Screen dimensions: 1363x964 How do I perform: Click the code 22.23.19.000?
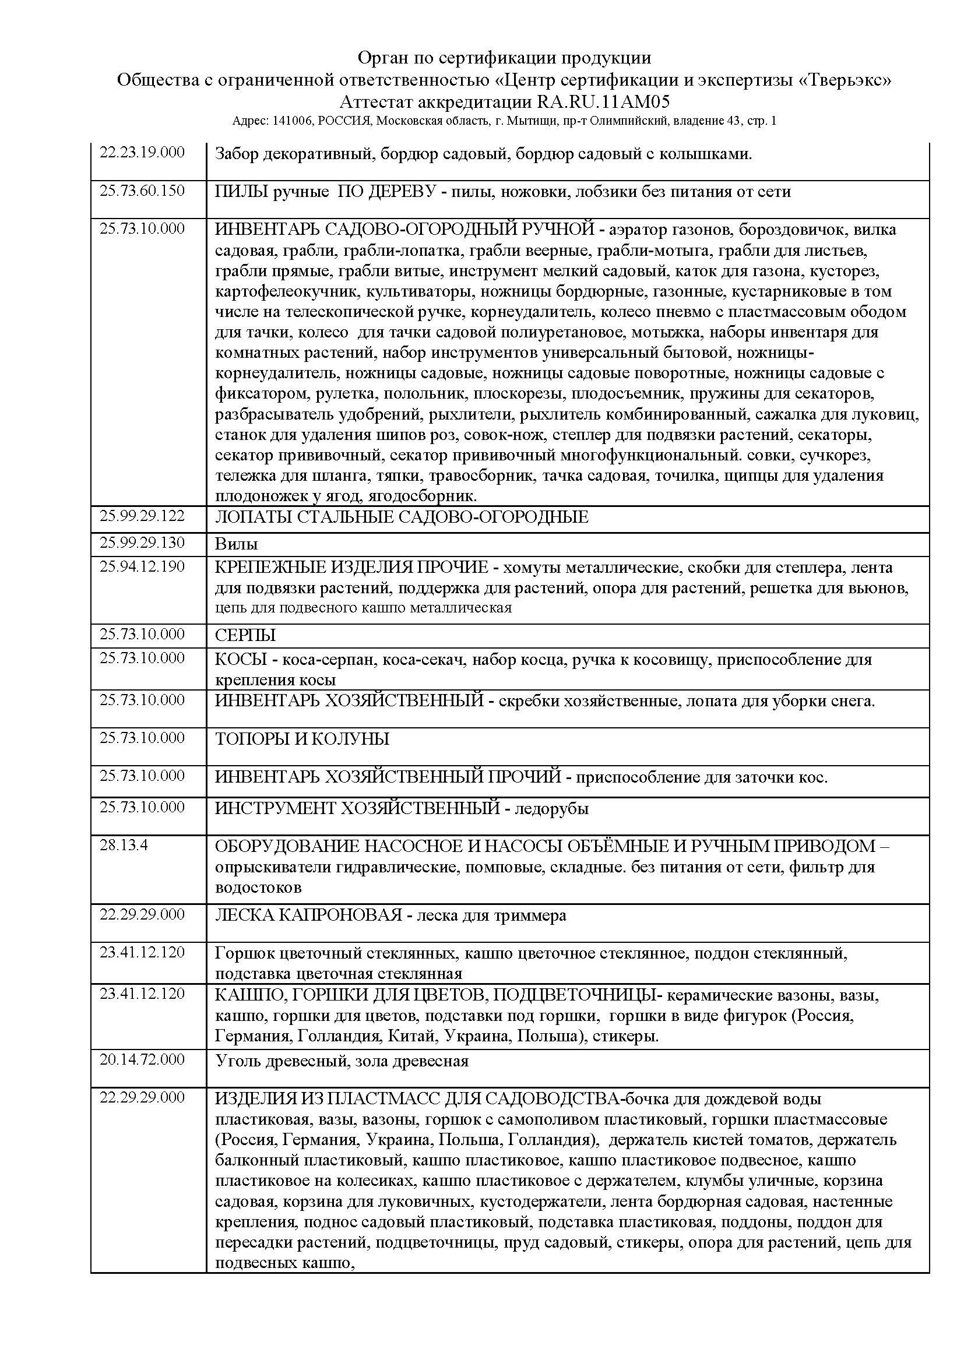(142, 152)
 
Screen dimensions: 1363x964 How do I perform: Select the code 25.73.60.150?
(142, 191)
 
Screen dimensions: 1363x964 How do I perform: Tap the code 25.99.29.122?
(142, 515)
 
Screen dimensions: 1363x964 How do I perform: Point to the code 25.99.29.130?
(142, 543)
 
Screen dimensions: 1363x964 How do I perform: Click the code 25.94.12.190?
(142, 566)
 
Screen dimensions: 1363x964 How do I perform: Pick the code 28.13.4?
(124, 846)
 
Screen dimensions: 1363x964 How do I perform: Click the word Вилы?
(236, 544)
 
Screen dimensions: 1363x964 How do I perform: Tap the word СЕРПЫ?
(245, 636)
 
